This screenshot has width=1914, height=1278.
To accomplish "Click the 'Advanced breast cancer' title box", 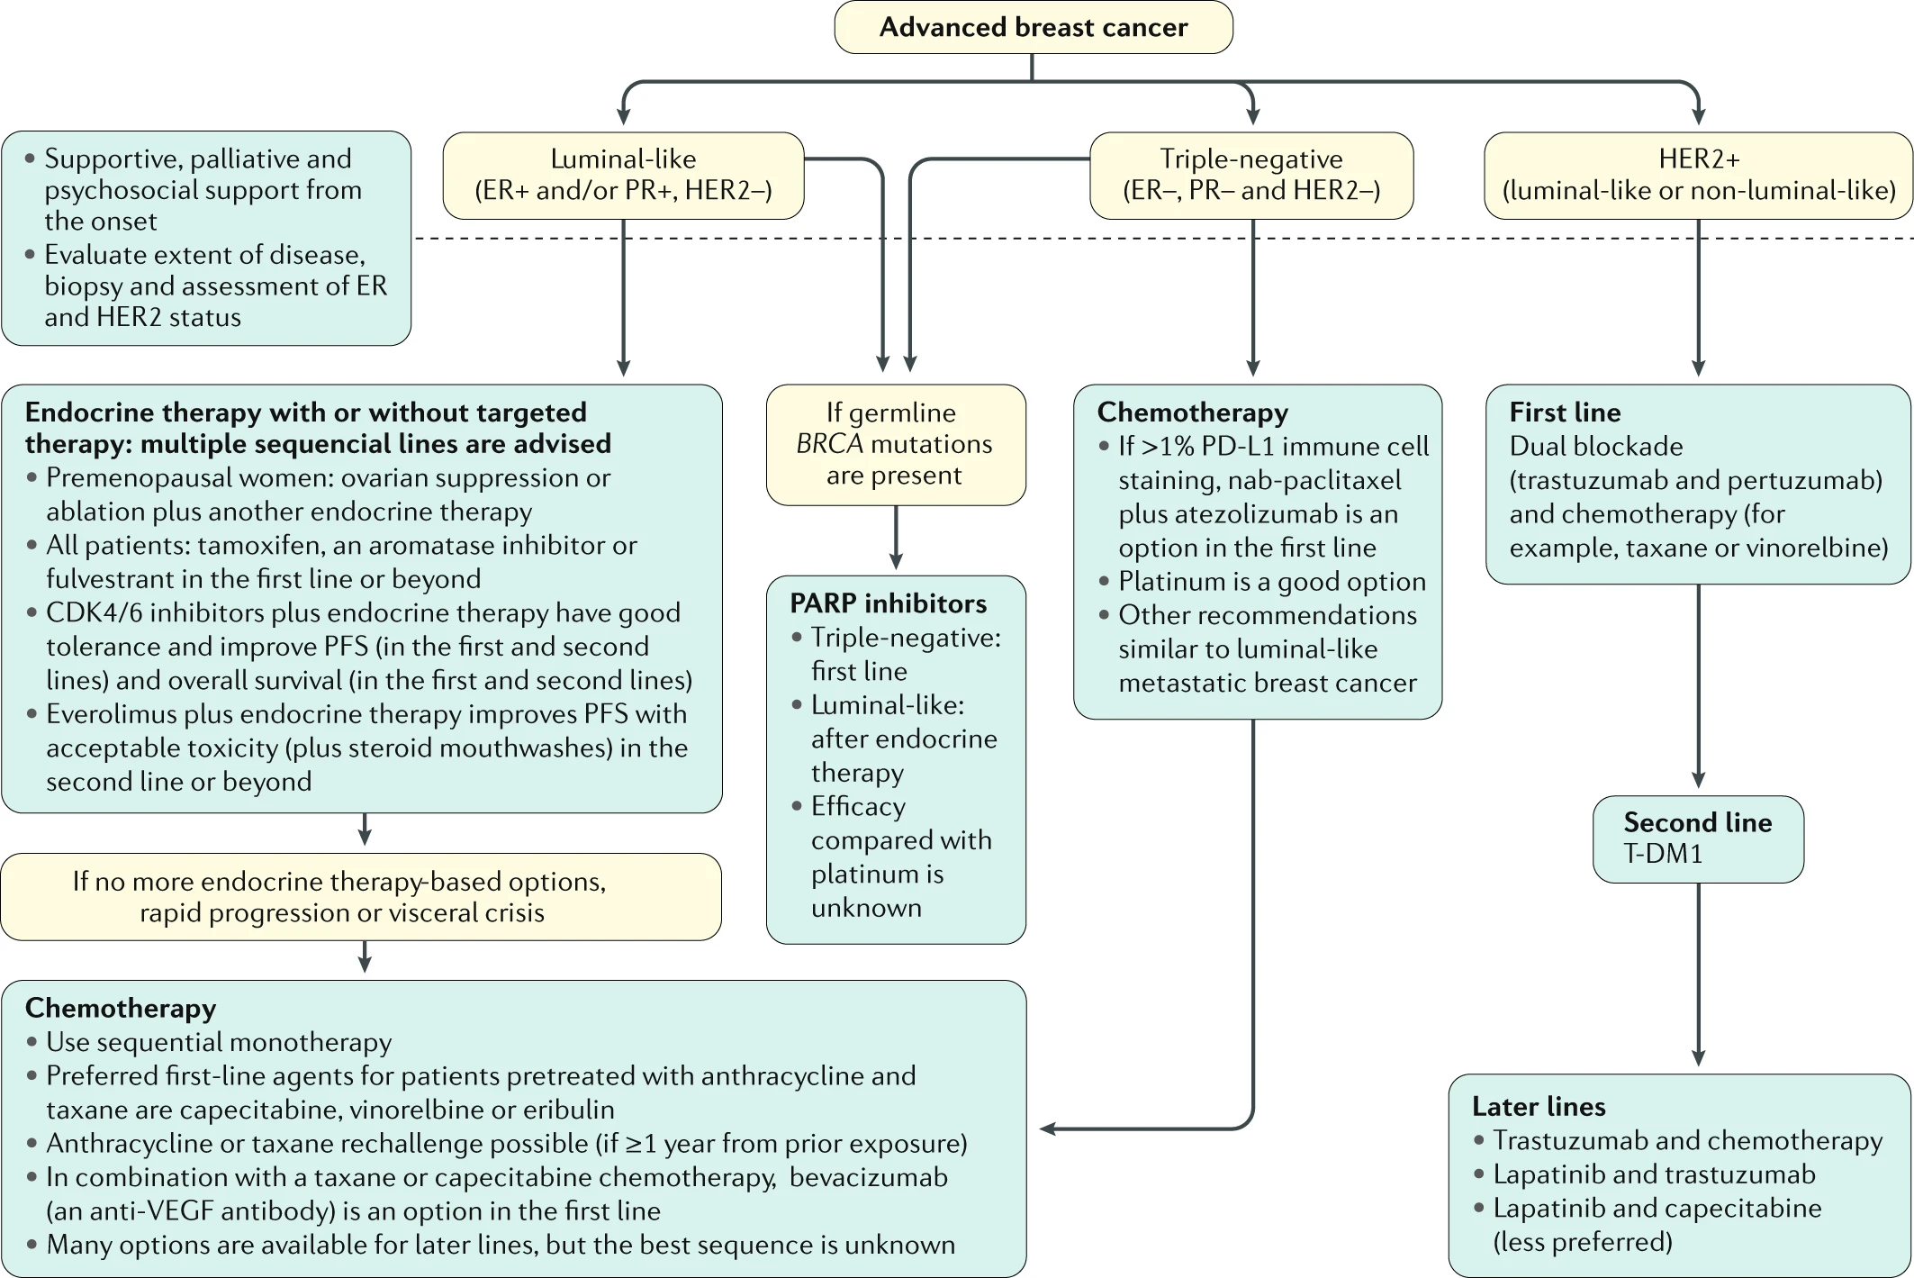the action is (x=1034, y=27).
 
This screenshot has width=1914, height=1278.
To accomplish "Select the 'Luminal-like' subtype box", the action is (x=623, y=176).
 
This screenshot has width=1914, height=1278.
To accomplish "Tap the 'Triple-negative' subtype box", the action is (x=1251, y=176).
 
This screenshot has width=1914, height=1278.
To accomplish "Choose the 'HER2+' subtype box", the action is (x=1698, y=176).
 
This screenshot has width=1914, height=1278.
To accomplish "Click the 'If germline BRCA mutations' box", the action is (x=896, y=445).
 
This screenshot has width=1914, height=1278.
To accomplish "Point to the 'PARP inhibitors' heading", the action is (x=888, y=603).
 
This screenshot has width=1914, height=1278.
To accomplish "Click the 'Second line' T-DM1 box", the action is (x=1698, y=838).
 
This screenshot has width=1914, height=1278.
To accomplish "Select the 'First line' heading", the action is (x=1565, y=412).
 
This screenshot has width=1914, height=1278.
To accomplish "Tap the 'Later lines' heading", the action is (x=1539, y=1106).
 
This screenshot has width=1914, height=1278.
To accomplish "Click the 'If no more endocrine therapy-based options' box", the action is (x=361, y=897).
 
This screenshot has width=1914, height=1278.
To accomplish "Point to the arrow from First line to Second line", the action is (x=1698, y=686).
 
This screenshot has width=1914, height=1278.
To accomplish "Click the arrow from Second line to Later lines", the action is (x=1698, y=974).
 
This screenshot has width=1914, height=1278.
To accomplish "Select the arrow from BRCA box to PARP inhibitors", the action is (x=896, y=538).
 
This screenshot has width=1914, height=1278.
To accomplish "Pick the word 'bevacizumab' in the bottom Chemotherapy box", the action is (x=869, y=1177).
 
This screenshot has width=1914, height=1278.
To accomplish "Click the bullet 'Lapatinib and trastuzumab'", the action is (x=1654, y=1174).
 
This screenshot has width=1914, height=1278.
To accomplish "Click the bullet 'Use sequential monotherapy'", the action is (x=219, y=1042).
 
